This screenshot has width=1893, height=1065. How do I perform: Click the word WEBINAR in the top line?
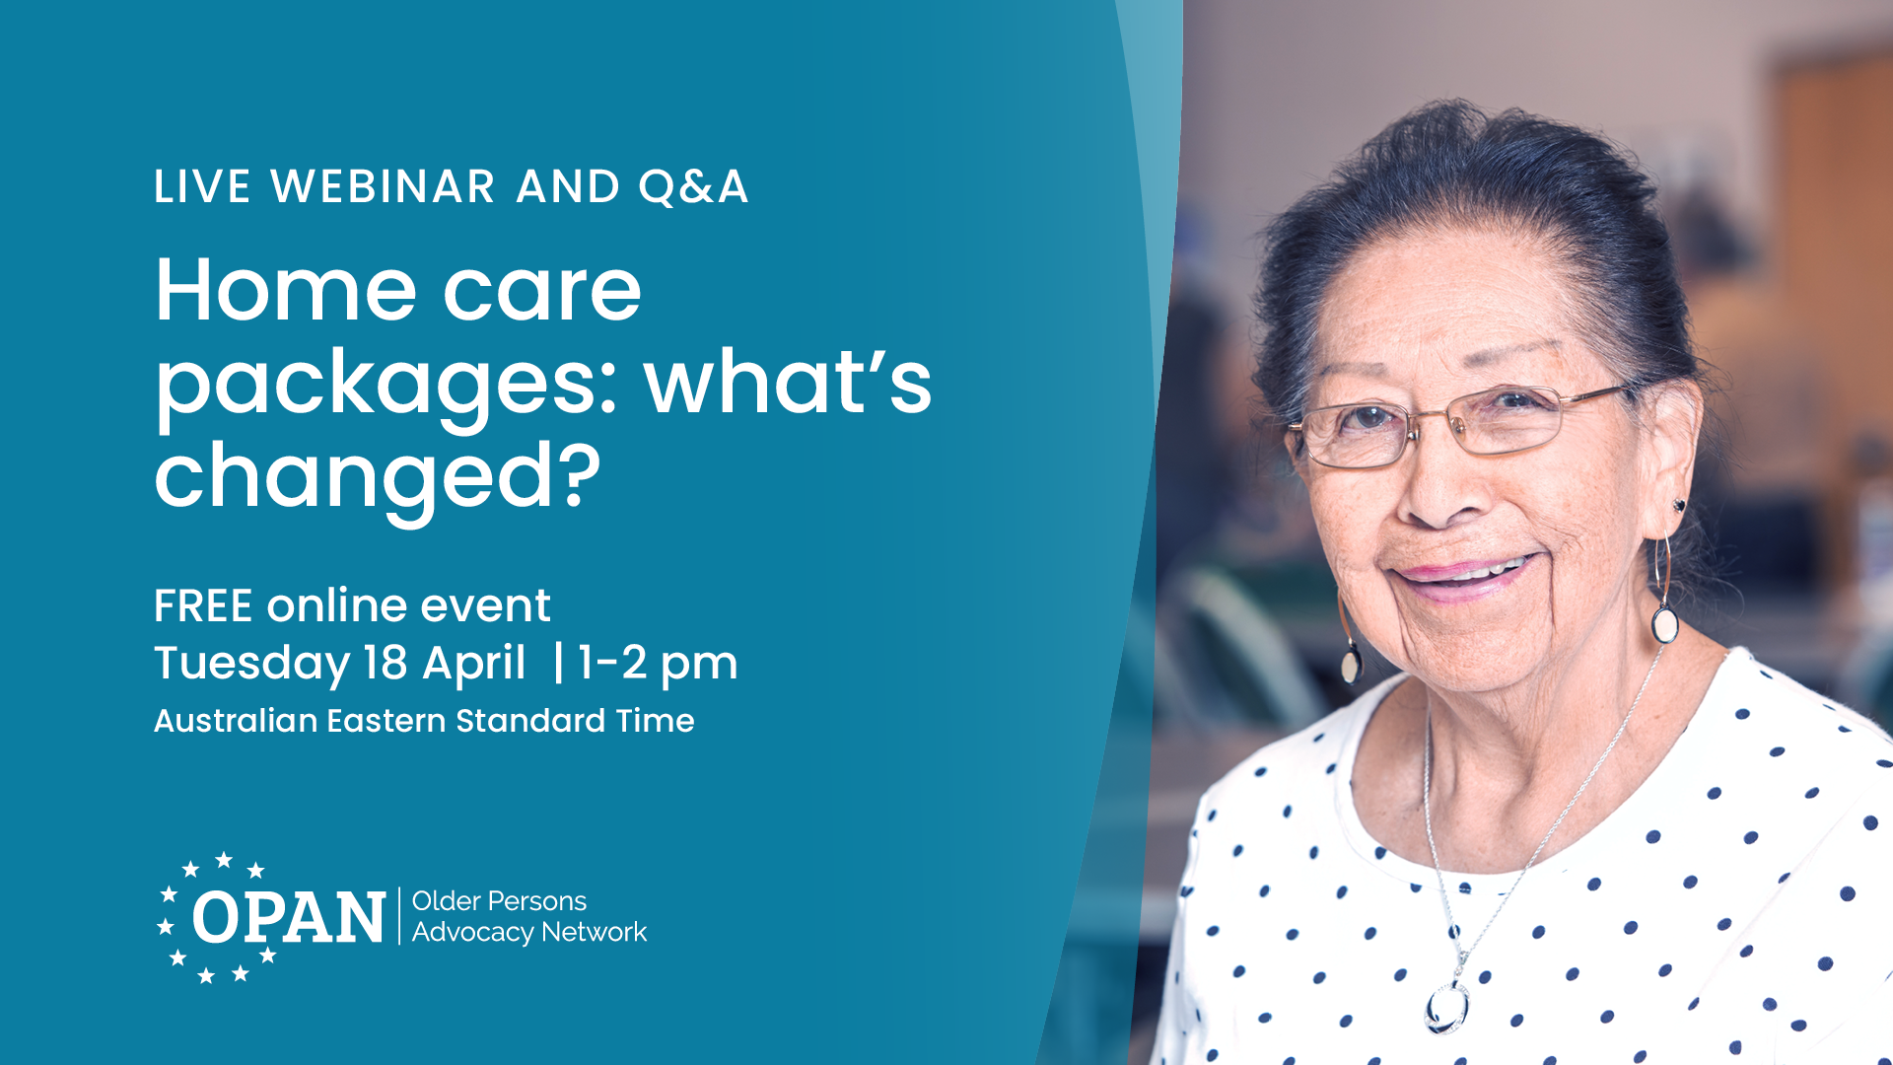click(383, 187)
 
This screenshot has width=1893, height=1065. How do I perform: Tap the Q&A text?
click(693, 187)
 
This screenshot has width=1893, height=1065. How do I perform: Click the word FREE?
click(204, 606)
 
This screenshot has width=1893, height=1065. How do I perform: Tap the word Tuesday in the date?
click(251, 664)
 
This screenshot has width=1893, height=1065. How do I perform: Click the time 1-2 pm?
click(658, 664)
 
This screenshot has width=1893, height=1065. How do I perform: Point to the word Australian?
click(236, 721)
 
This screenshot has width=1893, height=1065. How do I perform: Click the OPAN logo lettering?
click(288, 918)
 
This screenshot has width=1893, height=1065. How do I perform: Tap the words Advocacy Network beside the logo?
click(528, 933)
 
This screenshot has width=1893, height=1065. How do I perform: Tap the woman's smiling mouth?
click(1465, 575)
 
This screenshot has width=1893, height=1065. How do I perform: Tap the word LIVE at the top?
click(202, 187)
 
